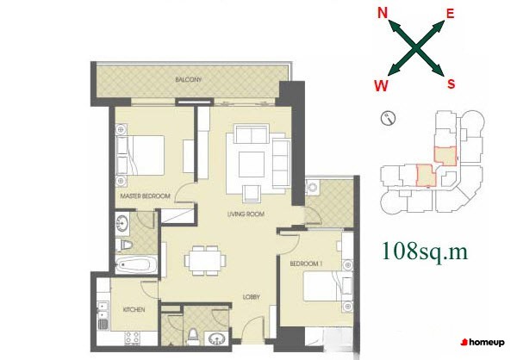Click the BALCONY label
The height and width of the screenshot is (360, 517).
pos(188,79)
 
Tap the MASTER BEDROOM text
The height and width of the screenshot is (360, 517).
pos(145,196)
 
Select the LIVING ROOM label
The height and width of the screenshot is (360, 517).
pos(246,214)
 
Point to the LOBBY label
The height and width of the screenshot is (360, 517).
pos(252,297)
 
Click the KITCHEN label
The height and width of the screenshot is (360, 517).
pos(134,309)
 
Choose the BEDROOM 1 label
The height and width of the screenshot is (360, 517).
pos(306,264)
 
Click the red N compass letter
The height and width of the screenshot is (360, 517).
pos(382,13)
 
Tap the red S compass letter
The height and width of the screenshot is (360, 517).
pos(451,84)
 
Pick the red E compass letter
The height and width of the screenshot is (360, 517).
pos(450,14)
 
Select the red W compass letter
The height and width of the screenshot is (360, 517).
pos(381,86)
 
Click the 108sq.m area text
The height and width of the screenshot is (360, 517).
pos(425,251)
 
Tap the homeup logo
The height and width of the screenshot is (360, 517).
pos(483,343)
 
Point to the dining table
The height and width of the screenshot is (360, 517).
pos(205,260)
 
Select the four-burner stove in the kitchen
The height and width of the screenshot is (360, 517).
pos(132,338)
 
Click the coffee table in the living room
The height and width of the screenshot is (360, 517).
pos(252,164)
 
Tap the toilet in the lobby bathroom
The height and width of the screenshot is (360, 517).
pos(192,336)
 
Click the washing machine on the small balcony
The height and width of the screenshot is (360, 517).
pos(312,188)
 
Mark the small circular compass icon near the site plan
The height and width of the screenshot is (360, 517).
pos(388,118)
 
